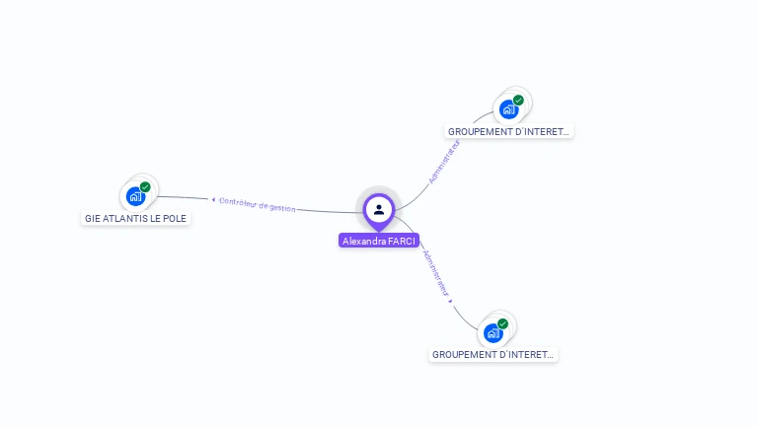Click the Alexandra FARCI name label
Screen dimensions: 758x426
coord(379,241)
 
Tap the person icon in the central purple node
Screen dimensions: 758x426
coord(379,209)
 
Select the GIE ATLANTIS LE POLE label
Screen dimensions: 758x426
coord(135,218)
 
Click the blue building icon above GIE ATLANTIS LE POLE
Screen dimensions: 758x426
coord(135,196)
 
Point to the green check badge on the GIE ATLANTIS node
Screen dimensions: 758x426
coord(145,186)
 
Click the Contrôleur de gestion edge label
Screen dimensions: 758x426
coord(257,204)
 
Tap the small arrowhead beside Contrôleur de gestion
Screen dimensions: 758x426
coord(213,200)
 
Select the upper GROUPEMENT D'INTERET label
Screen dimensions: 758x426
coord(509,131)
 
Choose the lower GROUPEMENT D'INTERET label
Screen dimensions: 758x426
coord(493,354)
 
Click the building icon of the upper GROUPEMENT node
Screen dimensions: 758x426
coord(508,108)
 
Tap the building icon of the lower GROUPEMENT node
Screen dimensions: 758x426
coord(493,332)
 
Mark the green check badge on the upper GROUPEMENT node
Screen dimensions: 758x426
coord(518,100)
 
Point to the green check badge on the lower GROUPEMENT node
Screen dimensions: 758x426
coord(502,323)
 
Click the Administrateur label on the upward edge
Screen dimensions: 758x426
coord(444,161)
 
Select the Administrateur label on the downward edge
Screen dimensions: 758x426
coord(436,273)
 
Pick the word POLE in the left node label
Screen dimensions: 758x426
coord(174,218)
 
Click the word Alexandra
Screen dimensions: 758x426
coord(364,241)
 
